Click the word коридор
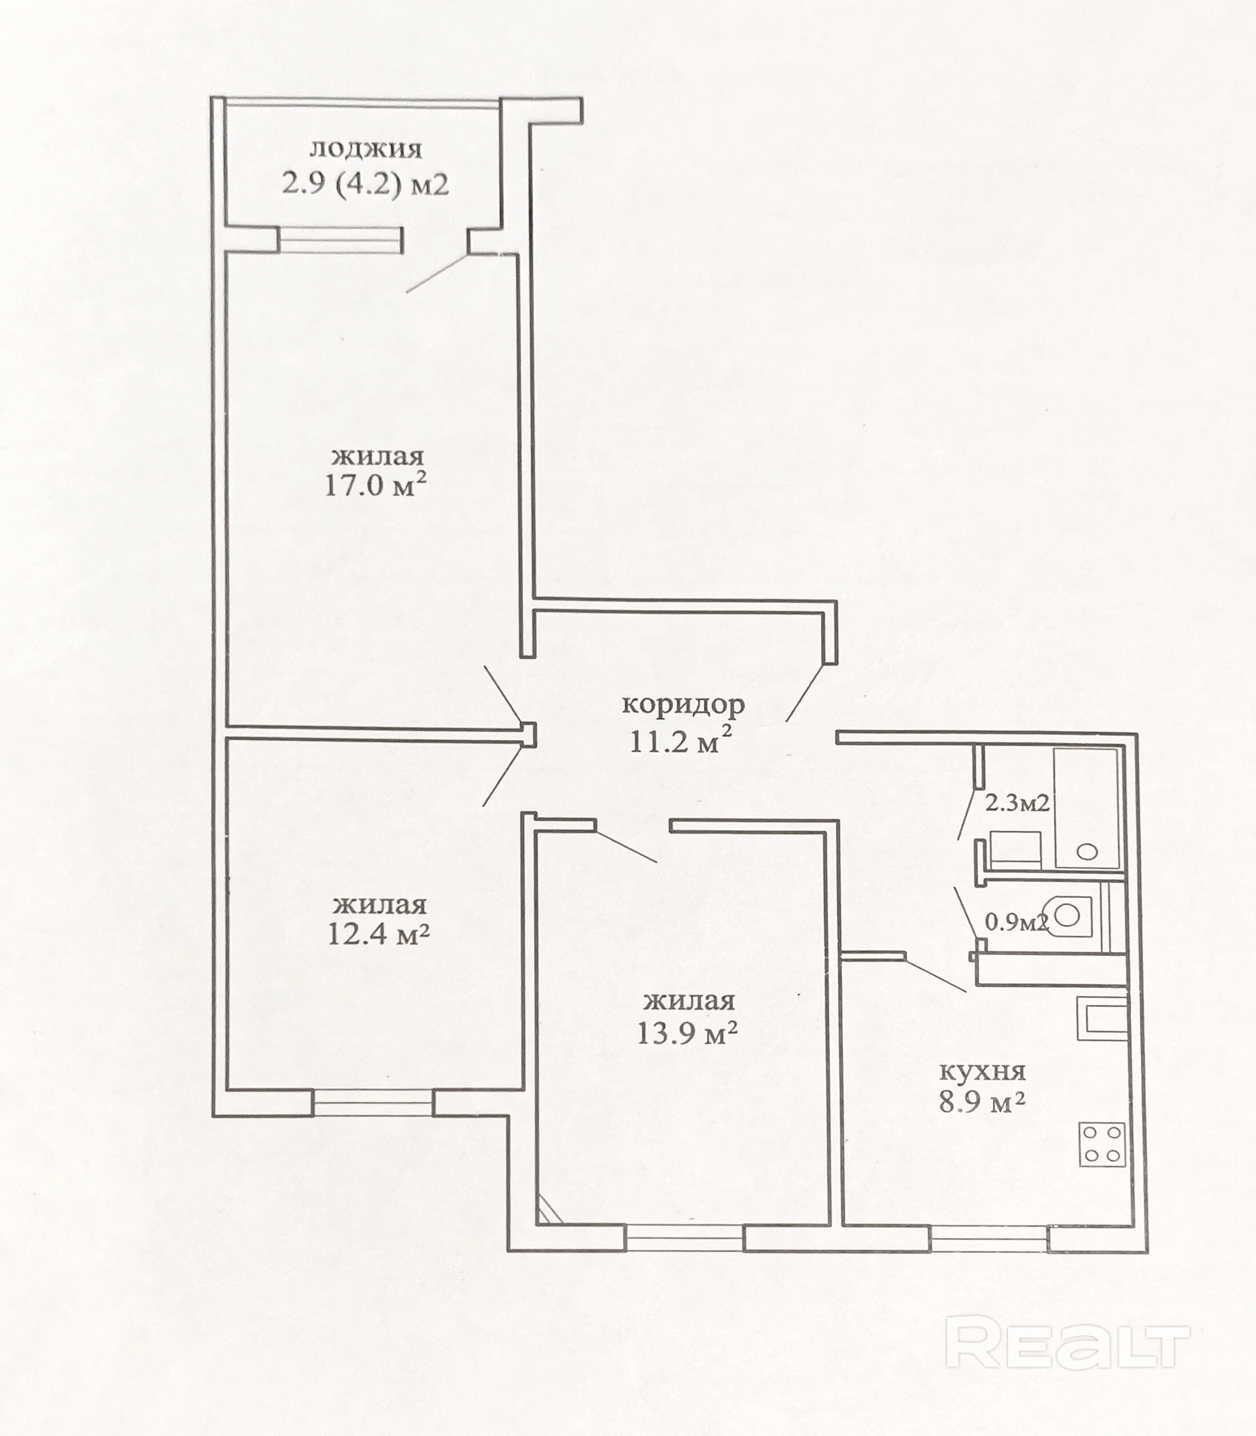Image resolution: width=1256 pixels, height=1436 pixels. click(x=683, y=705)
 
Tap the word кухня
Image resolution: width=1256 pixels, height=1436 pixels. click(x=982, y=1071)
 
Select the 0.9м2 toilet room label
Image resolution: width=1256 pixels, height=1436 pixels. click(x=1017, y=923)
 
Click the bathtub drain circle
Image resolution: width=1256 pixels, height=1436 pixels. click(x=1087, y=852)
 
